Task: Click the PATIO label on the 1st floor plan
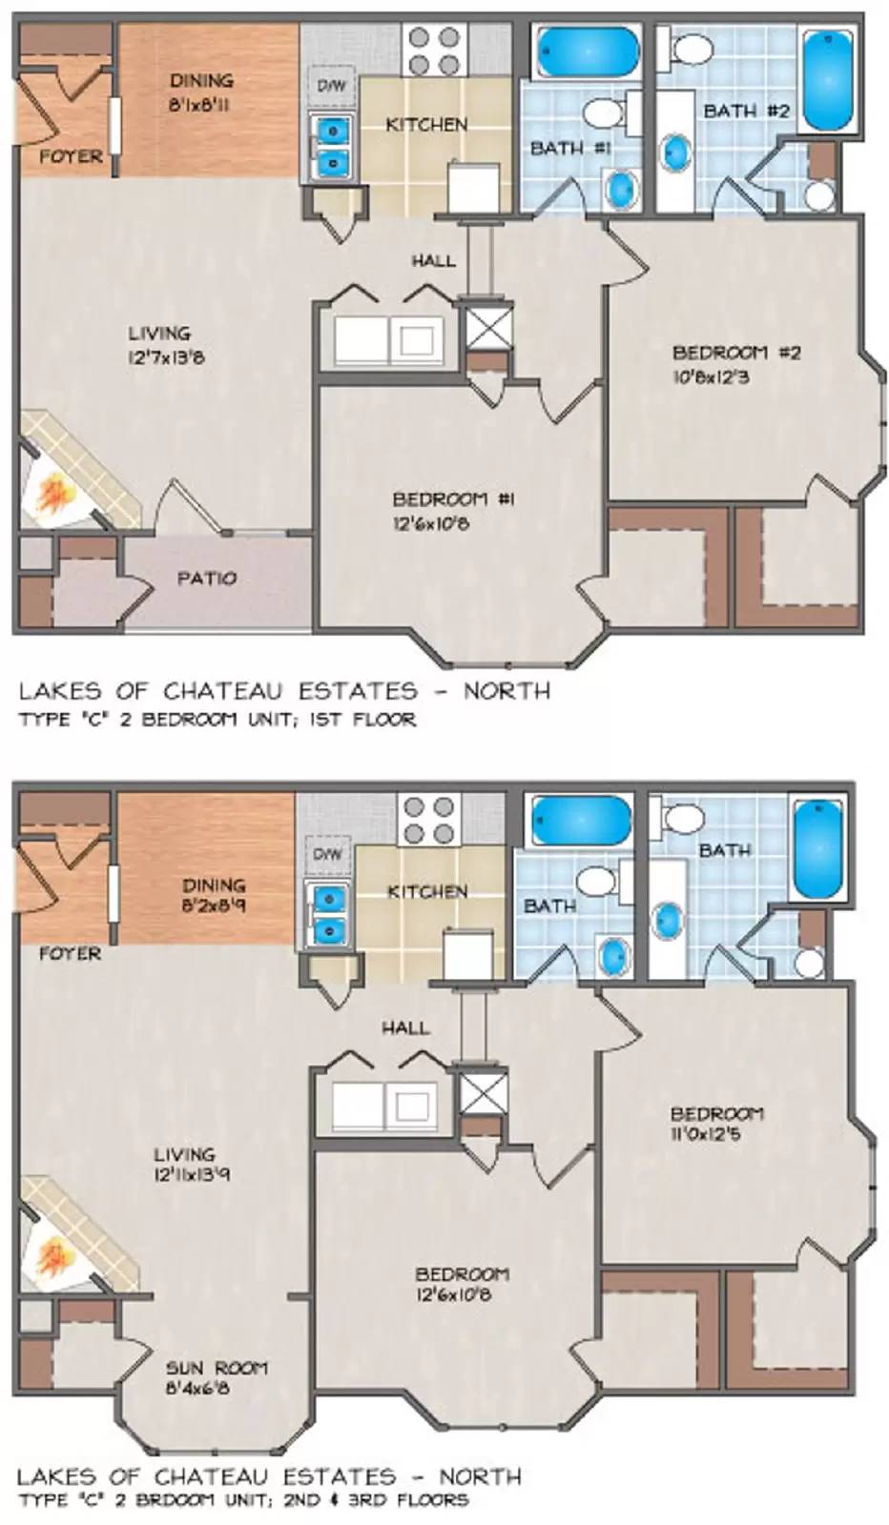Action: tap(207, 578)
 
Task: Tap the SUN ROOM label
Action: tap(217, 1368)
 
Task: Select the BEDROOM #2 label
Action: tap(736, 353)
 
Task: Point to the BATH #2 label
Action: tap(746, 111)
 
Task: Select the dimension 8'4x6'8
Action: tap(197, 1389)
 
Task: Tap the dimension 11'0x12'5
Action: tap(705, 1134)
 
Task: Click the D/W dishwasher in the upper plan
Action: tap(330, 86)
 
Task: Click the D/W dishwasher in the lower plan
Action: tap(327, 854)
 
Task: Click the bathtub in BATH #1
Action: tap(586, 52)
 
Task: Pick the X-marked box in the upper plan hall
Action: tap(486, 327)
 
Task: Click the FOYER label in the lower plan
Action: tap(70, 953)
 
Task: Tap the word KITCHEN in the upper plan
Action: tap(426, 124)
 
